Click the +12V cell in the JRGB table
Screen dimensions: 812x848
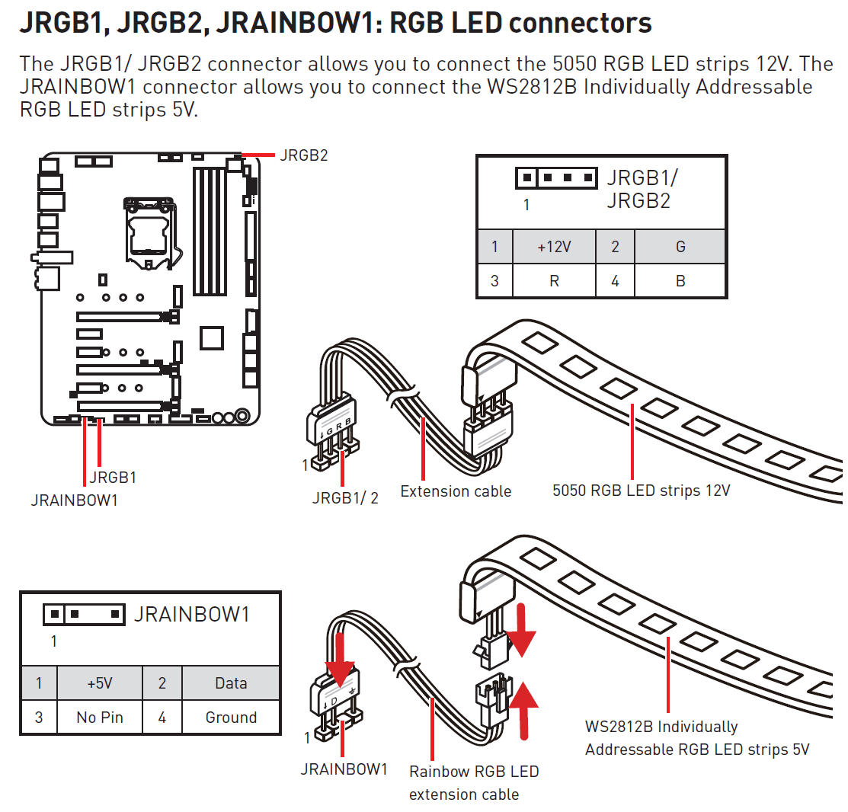pos(554,246)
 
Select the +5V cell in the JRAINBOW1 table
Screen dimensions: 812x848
pos(100,683)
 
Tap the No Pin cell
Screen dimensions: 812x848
pos(100,717)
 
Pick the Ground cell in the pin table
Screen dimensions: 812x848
pos(231,717)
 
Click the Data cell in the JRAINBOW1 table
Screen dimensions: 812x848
pos(231,683)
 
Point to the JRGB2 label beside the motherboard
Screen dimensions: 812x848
pos(303,155)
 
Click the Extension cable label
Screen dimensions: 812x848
pos(456,491)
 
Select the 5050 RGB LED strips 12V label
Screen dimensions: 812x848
pos(641,491)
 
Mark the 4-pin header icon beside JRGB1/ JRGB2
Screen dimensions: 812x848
pos(555,179)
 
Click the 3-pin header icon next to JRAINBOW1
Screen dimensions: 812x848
pos(84,613)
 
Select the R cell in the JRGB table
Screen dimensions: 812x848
pos(554,280)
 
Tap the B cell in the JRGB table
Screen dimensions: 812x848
pos(680,280)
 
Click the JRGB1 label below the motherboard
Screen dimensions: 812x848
pos(113,478)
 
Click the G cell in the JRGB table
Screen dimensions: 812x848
pos(680,246)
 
